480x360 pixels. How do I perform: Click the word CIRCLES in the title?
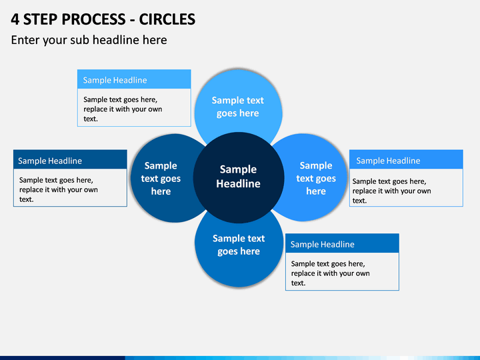(x=167, y=19)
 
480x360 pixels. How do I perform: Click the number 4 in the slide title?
(x=15, y=19)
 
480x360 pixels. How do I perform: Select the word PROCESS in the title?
(x=94, y=19)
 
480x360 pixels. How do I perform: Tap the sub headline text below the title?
(x=89, y=40)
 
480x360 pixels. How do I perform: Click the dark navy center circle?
(x=239, y=177)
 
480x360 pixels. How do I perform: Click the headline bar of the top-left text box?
(x=134, y=79)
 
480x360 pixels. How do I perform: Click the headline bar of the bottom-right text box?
(x=342, y=243)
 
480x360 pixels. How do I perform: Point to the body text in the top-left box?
(x=123, y=109)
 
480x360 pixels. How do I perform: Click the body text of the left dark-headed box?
(x=59, y=189)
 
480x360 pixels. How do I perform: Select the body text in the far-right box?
(x=391, y=191)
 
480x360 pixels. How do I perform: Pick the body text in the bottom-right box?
(x=330, y=273)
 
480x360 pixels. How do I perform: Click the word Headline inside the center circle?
(x=238, y=184)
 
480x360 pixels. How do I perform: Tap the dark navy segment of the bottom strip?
(x=63, y=358)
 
